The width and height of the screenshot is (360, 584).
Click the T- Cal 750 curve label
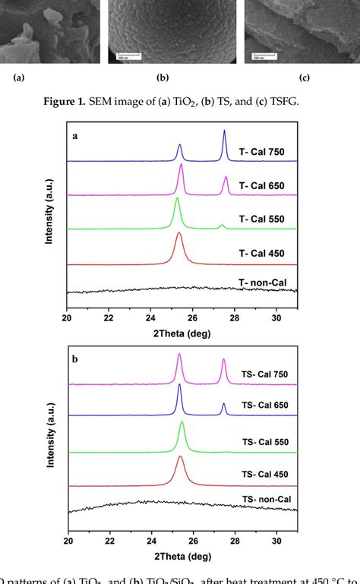261,152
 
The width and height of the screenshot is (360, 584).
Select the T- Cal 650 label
261,185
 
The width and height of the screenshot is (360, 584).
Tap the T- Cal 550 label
261,219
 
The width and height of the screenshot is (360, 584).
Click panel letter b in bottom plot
74,354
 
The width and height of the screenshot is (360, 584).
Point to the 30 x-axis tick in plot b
277,540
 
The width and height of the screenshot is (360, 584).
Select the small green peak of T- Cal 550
222,226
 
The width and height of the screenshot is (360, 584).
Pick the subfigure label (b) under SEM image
162,77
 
